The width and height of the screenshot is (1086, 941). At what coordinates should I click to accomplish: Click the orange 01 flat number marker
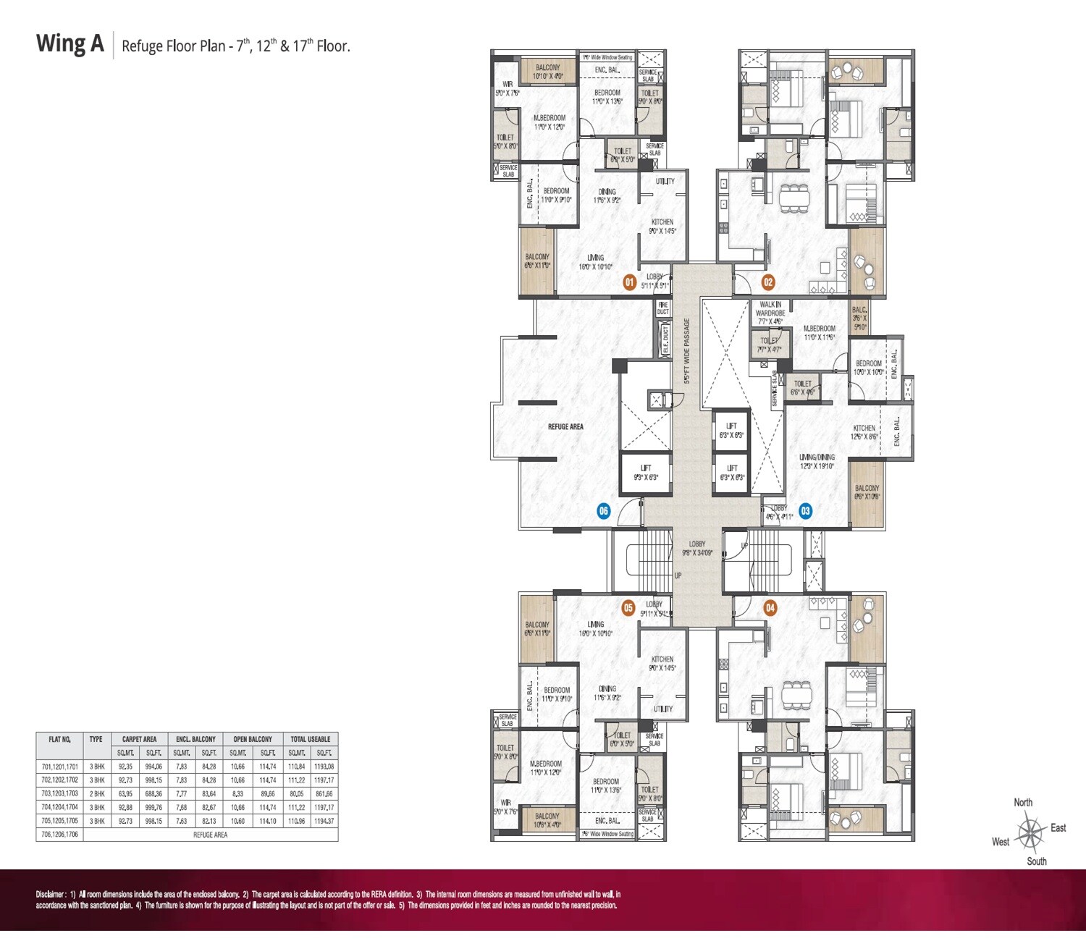630,282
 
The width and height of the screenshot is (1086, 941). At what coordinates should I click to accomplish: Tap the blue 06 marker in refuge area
603,511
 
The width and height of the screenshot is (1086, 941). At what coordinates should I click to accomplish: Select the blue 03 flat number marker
805,511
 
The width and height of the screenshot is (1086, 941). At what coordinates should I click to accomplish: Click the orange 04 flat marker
770,607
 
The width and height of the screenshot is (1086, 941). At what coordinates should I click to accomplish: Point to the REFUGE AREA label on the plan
565,426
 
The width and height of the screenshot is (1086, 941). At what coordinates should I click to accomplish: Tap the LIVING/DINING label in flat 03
817,457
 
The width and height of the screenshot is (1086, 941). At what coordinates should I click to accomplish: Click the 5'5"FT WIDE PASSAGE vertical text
687,352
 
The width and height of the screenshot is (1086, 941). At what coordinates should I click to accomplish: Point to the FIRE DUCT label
662,308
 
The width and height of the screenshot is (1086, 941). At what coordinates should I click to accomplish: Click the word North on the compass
1023,802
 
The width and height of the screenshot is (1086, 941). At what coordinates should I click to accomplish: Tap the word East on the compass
1058,827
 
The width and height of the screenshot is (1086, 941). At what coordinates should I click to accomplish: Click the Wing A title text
70,44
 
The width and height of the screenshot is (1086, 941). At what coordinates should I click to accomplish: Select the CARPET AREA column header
139,739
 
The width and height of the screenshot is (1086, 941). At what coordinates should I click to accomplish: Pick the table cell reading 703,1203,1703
59,794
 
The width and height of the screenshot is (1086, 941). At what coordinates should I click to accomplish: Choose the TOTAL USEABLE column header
310,739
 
